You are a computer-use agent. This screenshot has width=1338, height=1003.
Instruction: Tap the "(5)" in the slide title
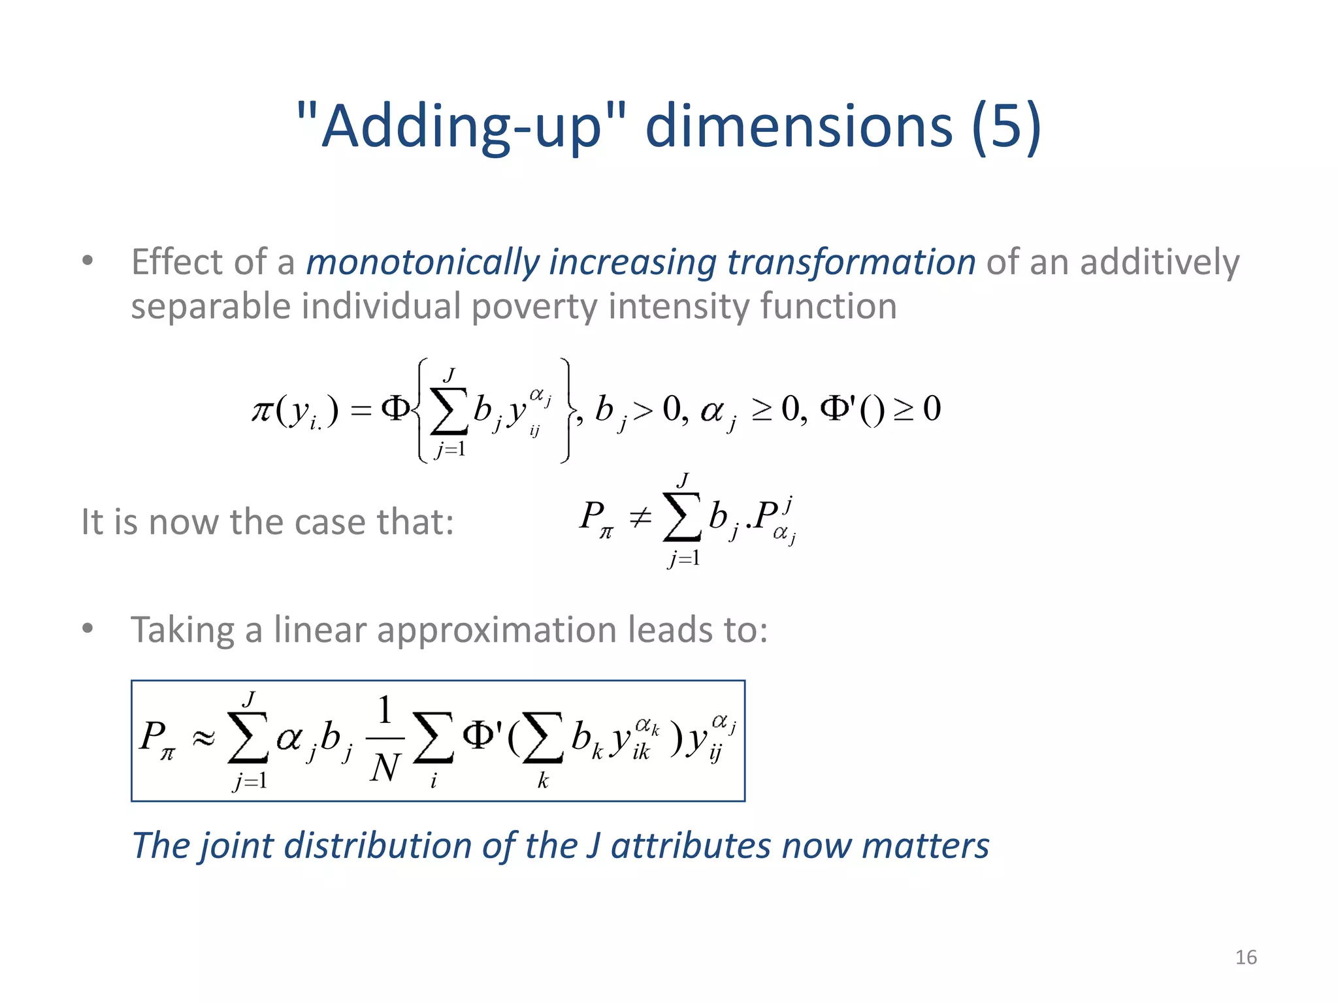pyautogui.click(x=1006, y=127)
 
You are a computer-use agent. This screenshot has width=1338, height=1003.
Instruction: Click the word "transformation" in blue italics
pyautogui.click(x=851, y=263)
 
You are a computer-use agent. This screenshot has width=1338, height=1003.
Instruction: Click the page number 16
pyautogui.click(x=1246, y=957)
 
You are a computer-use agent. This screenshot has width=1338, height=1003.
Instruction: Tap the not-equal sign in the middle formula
pyautogui.click(x=640, y=518)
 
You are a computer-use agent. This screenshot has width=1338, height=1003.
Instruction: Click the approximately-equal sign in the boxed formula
pyautogui.click(x=203, y=739)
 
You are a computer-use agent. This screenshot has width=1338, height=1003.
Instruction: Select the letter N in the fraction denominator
pyautogui.click(x=384, y=768)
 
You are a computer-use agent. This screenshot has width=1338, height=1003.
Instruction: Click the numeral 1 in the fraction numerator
pyautogui.click(x=385, y=710)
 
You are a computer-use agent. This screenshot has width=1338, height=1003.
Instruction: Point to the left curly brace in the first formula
pyautogui.click(x=422, y=410)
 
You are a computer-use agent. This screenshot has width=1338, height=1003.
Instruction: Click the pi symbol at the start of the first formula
pyautogui.click(x=262, y=411)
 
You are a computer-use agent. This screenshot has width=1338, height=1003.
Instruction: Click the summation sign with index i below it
pyautogui.click(x=433, y=738)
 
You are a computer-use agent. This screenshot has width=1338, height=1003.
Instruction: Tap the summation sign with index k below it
pyautogui.click(x=543, y=738)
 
